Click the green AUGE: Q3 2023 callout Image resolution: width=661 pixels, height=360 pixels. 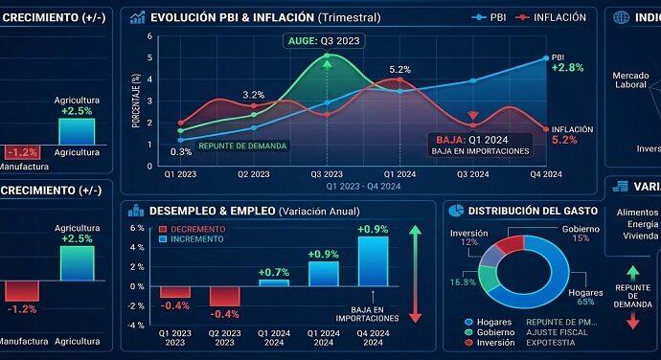(326, 42)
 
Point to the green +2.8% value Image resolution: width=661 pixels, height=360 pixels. (568, 68)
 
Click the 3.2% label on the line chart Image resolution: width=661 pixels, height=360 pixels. (253, 95)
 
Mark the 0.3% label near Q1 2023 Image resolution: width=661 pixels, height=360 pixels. (181, 151)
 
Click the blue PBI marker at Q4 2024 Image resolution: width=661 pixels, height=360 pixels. (546, 58)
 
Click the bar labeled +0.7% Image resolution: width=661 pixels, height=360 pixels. (274, 283)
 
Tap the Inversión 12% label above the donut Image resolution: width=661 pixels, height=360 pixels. (469, 236)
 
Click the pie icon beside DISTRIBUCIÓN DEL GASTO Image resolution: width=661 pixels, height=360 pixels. (457, 210)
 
